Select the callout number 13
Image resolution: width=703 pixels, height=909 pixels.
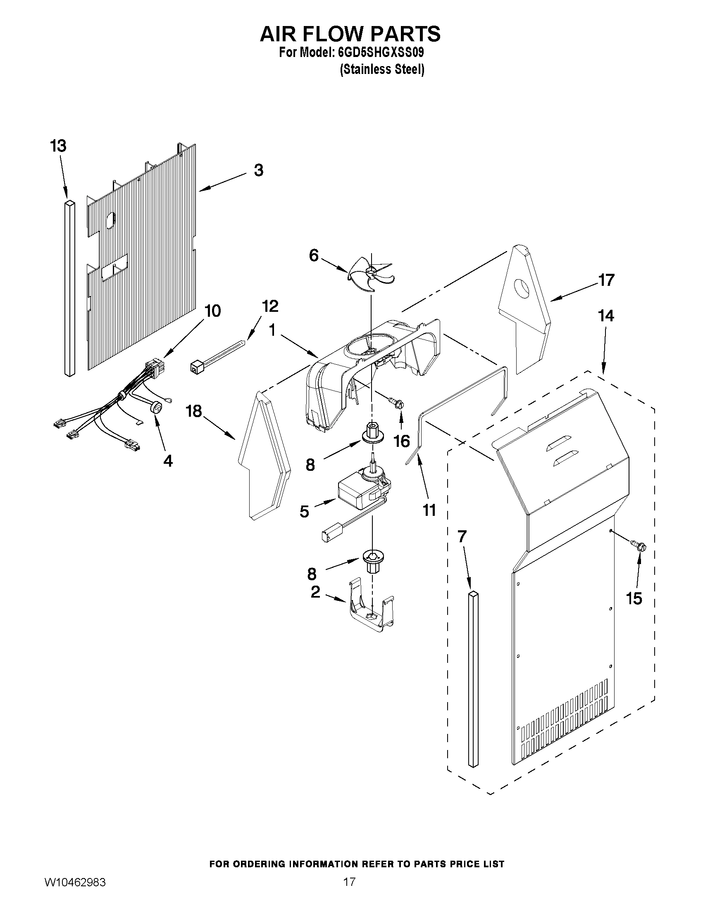pyautogui.click(x=58, y=147)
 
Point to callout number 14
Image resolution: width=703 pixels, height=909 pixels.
pyautogui.click(x=606, y=316)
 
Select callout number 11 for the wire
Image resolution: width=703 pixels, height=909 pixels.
pyautogui.click(x=429, y=510)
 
